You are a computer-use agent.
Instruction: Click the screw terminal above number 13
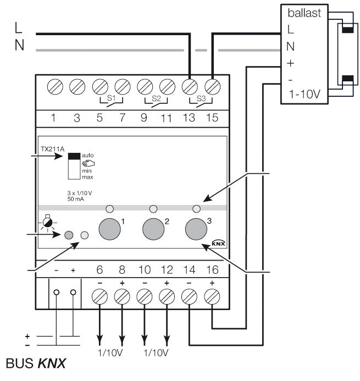click(190, 86)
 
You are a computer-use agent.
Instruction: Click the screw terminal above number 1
click(54, 86)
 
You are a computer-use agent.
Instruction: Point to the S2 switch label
click(156, 100)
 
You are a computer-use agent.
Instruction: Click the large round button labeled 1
click(109, 228)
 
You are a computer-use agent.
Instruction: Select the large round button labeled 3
click(196, 228)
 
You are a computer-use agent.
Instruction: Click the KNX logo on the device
click(219, 244)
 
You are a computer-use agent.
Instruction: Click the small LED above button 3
click(196, 209)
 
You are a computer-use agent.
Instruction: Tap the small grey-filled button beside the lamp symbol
click(69, 235)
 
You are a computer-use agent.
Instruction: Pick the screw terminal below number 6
click(99, 297)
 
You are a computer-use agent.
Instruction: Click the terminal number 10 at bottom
click(145, 270)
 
